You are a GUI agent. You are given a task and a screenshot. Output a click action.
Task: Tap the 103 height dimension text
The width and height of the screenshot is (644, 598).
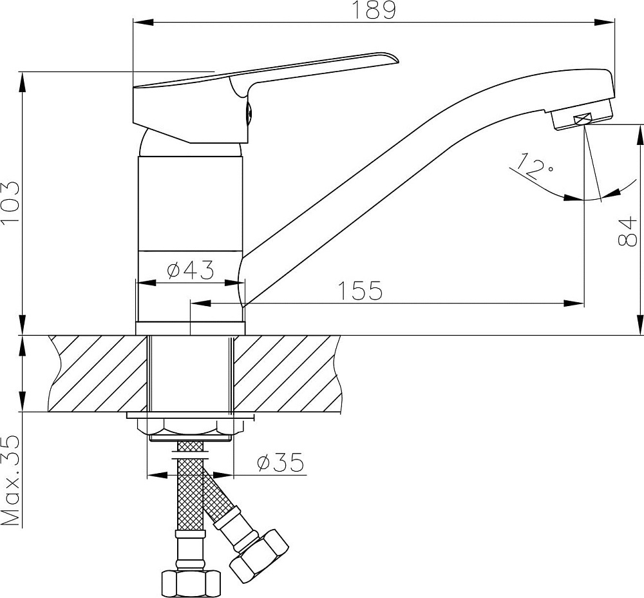coord(11,202)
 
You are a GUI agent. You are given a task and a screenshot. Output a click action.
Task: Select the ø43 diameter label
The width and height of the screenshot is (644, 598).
coord(191,269)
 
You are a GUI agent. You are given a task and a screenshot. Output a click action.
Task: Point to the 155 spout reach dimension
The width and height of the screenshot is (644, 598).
coord(360,290)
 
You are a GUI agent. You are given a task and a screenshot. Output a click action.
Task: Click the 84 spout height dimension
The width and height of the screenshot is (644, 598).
coord(627,232)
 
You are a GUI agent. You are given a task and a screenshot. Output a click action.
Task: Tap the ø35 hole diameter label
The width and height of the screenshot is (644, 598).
coord(280,462)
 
